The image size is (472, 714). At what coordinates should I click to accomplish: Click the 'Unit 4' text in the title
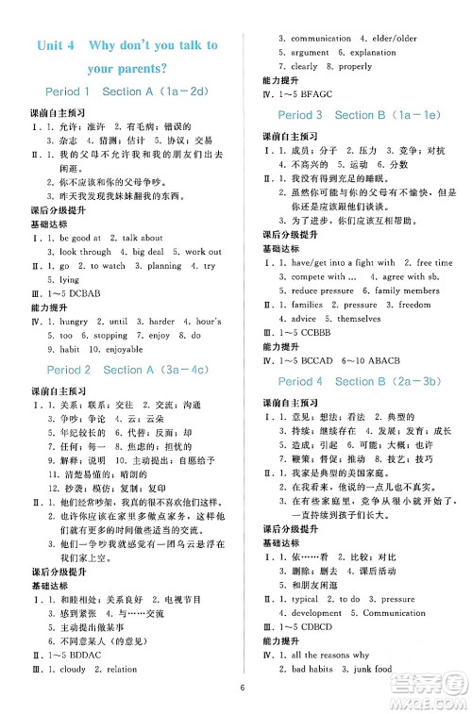55,45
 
